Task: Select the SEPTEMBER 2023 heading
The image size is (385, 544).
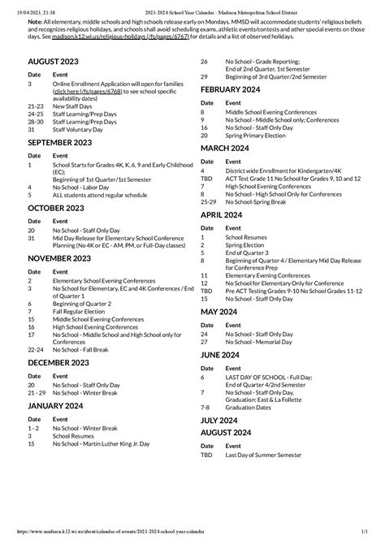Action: [59, 142]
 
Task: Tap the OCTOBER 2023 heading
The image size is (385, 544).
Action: [54, 209]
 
